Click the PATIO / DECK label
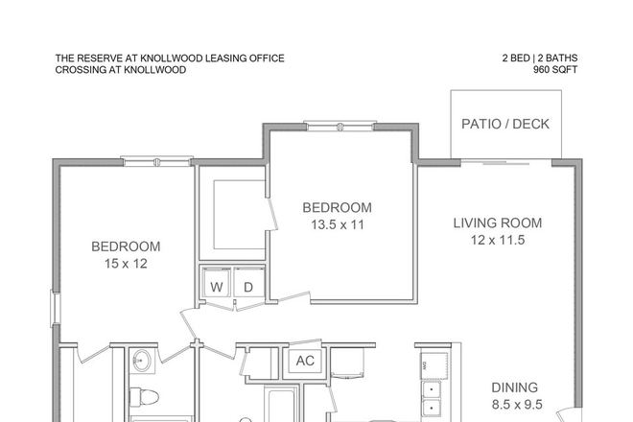click(505, 125)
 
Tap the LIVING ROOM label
click(498, 223)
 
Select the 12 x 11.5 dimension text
click(498, 241)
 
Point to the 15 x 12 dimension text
click(126, 263)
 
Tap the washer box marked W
click(217, 286)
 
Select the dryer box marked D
click(246, 286)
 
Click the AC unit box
click(306, 362)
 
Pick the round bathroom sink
click(143, 362)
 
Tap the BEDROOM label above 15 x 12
click(126, 246)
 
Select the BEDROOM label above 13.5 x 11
click(337, 207)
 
